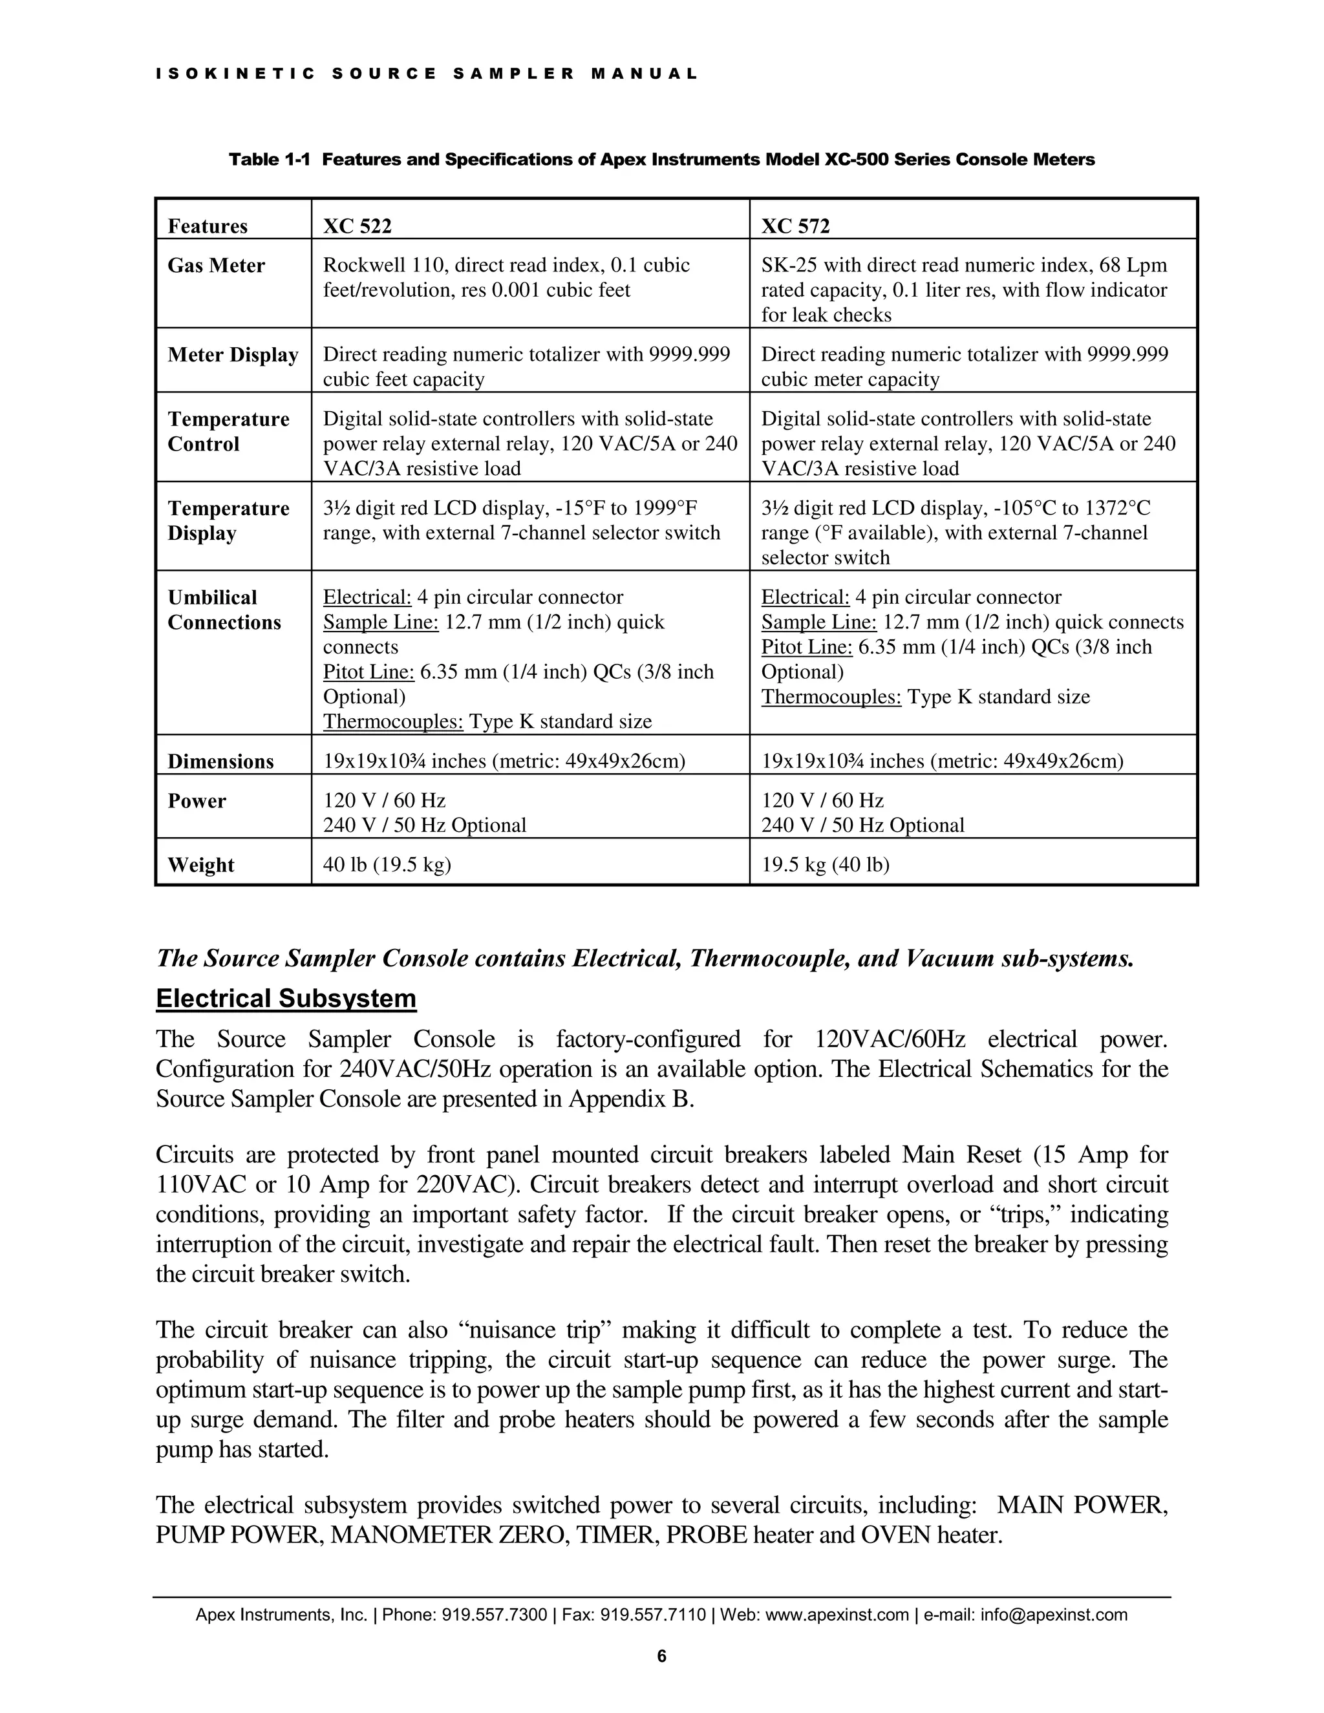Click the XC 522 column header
pyautogui.click(x=357, y=227)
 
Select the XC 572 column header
pyautogui.click(x=795, y=227)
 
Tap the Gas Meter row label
pyautogui.click(x=216, y=266)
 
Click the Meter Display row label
pyautogui.click(x=233, y=356)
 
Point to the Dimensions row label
pyautogui.click(x=220, y=761)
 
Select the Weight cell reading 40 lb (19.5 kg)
pyautogui.click(x=387, y=864)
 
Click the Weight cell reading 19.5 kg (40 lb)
pyautogui.click(x=825, y=864)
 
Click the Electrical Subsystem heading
pyautogui.click(x=286, y=999)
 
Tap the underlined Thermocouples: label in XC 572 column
pyautogui.click(x=831, y=697)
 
